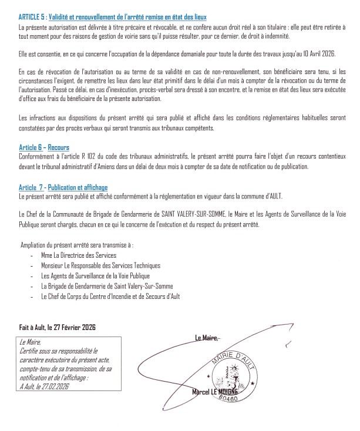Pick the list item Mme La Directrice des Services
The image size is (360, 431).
point(79,256)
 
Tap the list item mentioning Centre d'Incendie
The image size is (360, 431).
point(110,297)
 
